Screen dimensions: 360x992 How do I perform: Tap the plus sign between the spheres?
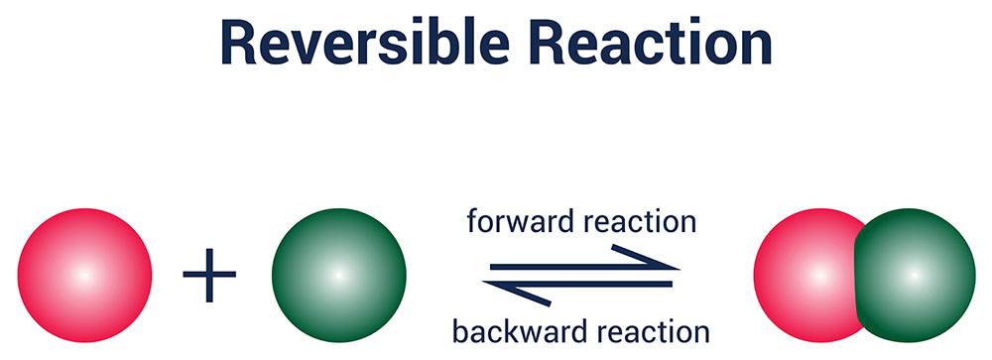[210, 275]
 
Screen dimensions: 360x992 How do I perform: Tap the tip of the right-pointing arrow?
[677, 266]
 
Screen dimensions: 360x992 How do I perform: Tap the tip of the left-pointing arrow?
[484, 286]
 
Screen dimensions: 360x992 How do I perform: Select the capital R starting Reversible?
[239, 44]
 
